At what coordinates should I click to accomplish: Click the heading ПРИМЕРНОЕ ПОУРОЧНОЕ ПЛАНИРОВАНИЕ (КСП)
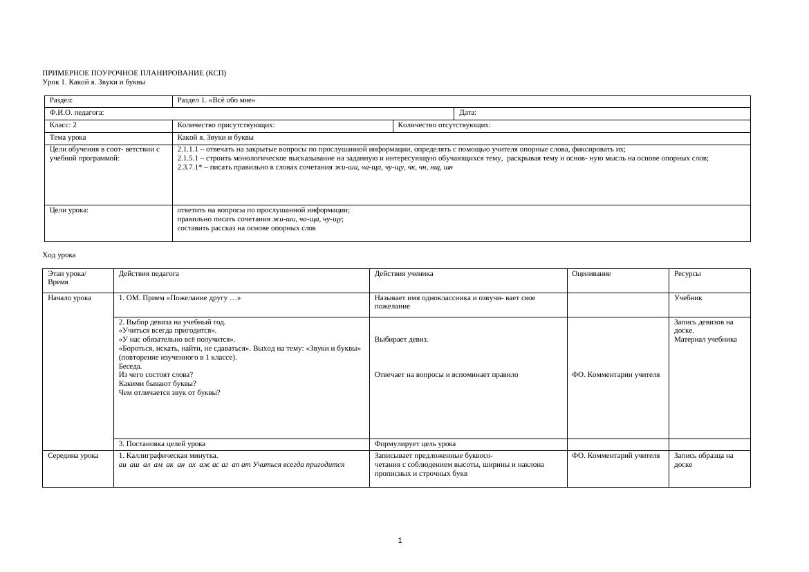point(134,73)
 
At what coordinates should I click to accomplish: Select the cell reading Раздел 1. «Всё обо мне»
point(216,100)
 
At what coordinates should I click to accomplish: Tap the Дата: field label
point(468,113)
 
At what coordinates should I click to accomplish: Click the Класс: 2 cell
point(64,125)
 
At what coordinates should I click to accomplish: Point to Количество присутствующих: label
point(226,125)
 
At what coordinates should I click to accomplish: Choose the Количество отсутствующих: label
point(445,125)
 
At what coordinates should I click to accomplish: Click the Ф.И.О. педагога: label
point(77,113)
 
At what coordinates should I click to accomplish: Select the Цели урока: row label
point(69,210)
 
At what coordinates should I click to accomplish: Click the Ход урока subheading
point(59,255)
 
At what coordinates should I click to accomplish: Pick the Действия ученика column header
point(404,273)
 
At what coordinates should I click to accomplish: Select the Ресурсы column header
point(687,273)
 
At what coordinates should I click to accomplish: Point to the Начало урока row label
point(70,298)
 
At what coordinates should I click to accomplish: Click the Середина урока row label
point(73,456)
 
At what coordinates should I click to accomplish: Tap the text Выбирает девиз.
point(401,340)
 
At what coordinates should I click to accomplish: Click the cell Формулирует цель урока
point(415,444)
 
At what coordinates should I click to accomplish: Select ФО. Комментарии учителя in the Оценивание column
point(615,375)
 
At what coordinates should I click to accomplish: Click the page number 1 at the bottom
point(400,541)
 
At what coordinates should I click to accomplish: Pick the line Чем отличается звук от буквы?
point(169,393)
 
